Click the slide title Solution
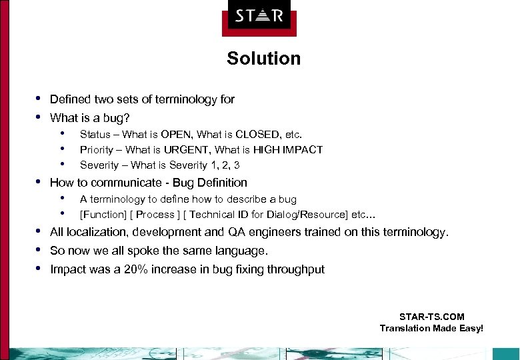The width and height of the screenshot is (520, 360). coord(263,59)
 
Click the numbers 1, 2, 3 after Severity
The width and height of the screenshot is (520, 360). coord(221,165)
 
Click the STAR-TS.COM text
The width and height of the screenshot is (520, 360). coord(431,317)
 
